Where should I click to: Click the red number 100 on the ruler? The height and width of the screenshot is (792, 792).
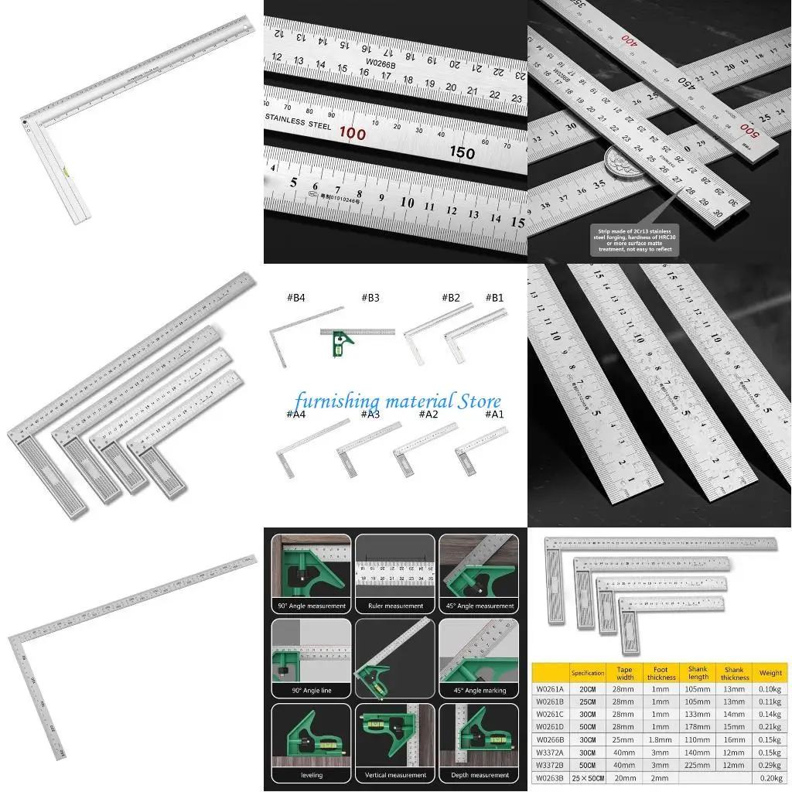(352, 133)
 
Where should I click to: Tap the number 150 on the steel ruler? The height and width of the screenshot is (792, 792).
(462, 152)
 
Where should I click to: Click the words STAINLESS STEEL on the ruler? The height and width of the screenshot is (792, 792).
(299, 122)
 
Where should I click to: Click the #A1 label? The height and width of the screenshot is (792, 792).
(493, 415)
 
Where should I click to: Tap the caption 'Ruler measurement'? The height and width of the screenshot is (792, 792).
(394, 606)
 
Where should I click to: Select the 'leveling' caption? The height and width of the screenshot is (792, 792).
(311, 774)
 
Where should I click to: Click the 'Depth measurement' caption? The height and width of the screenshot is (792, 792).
(479, 774)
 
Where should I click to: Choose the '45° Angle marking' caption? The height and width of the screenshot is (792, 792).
(479, 690)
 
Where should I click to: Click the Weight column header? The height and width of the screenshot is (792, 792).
(770, 673)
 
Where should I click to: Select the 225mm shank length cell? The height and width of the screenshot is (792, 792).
(698, 766)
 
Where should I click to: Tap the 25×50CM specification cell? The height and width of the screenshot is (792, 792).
(587, 778)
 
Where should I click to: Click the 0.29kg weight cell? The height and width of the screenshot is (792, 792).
(770, 766)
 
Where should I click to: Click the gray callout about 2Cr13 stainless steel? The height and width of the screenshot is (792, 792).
(634, 240)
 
